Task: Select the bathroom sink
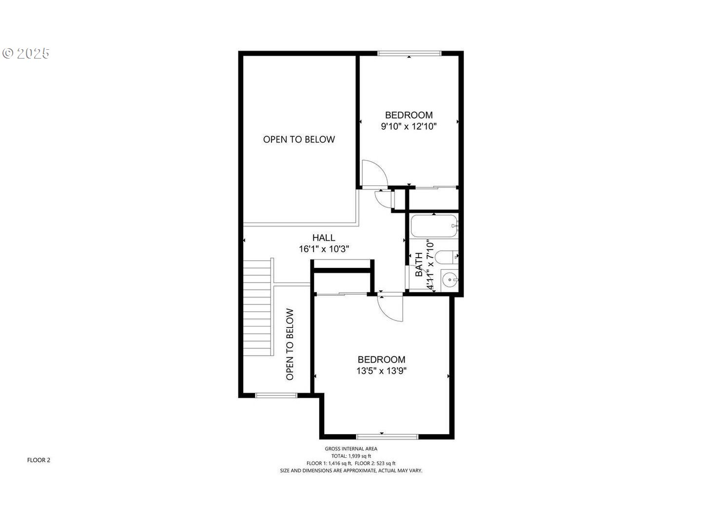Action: pyautogui.click(x=449, y=280)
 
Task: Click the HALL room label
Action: pyautogui.click(x=324, y=238)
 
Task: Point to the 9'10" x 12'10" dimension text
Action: pyautogui.click(x=409, y=126)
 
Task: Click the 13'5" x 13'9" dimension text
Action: pyautogui.click(x=381, y=371)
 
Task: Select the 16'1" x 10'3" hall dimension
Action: pyautogui.click(x=324, y=249)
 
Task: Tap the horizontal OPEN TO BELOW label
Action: pyautogui.click(x=299, y=140)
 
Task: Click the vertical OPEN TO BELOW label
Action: pyautogui.click(x=290, y=344)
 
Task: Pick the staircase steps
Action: pyautogui.click(x=257, y=307)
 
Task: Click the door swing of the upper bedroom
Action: pyautogui.click(x=374, y=173)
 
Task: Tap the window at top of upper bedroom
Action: pyautogui.click(x=409, y=53)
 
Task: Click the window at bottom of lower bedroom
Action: pyautogui.click(x=387, y=436)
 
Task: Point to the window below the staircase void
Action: pyautogui.click(x=276, y=395)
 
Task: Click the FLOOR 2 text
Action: pyautogui.click(x=39, y=460)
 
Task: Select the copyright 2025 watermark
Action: pyautogui.click(x=26, y=53)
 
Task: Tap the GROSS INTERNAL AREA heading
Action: pyautogui.click(x=351, y=449)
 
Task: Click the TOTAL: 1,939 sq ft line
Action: pyautogui.click(x=351, y=456)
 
